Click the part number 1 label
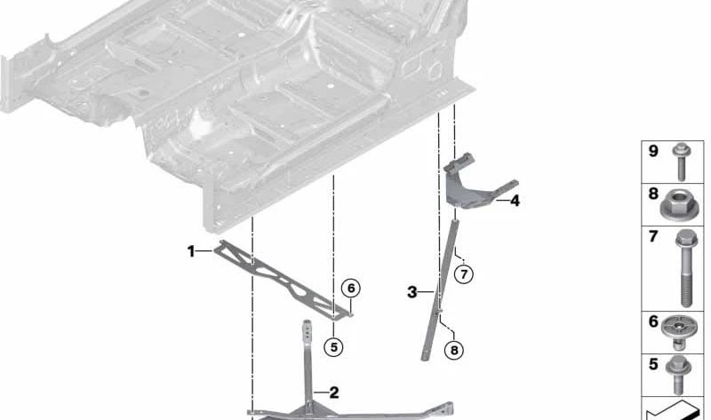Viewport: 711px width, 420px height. point(190,251)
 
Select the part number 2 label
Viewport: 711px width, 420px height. point(333,392)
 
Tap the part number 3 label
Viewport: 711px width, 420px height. point(411,291)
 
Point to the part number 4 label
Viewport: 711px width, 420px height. point(514,202)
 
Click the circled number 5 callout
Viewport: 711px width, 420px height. point(333,347)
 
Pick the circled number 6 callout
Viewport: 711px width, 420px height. point(351,288)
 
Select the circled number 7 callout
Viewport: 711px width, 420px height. point(463,273)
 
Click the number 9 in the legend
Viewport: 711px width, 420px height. point(652,151)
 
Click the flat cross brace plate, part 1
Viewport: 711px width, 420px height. point(276,280)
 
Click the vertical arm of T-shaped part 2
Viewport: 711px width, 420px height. point(308,364)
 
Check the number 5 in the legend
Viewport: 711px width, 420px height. point(652,363)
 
